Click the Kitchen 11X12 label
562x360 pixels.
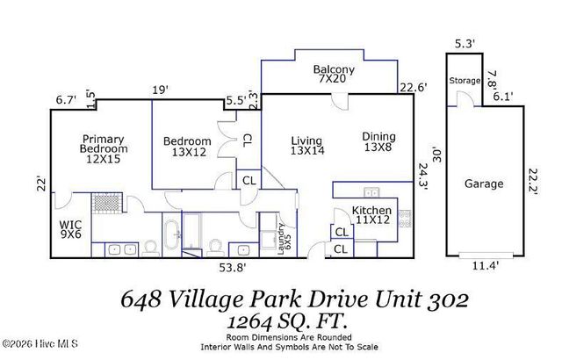(x=371, y=216)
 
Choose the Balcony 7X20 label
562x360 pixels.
(x=335, y=76)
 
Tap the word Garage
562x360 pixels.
(x=484, y=184)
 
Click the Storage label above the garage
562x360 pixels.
(x=465, y=81)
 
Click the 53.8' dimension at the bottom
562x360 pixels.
(x=232, y=267)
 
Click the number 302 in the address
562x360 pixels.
(x=447, y=299)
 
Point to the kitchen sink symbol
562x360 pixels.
(x=371, y=193)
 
